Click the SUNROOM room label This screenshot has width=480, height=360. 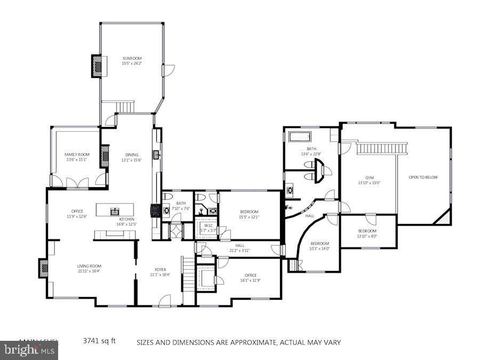pyautogui.click(x=132, y=58)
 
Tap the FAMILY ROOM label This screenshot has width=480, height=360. pyautogui.click(x=77, y=154)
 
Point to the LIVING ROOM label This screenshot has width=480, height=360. pyautogui.click(x=89, y=266)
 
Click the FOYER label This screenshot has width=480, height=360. pyautogui.click(x=161, y=269)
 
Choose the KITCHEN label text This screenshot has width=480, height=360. pyautogui.click(x=126, y=219)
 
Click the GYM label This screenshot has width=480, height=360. pyautogui.click(x=369, y=178)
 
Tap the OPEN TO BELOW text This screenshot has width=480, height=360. pyautogui.click(x=423, y=177)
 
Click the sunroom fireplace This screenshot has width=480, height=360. pyautogui.click(x=97, y=66)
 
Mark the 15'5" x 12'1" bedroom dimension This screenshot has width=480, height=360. pyautogui.click(x=249, y=217)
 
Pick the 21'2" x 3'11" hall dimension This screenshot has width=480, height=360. pyautogui.click(x=239, y=250)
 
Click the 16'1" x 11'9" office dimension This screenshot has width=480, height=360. pyautogui.click(x=250, y=280)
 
